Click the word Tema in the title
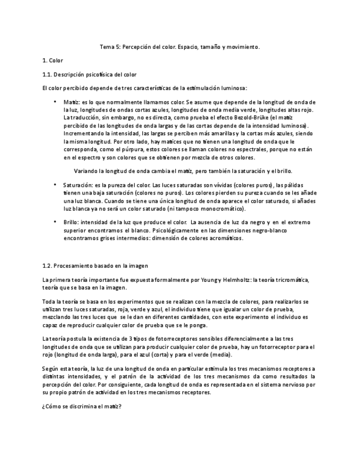107,47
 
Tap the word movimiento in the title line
242,47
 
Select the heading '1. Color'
53,60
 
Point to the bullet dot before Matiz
55,102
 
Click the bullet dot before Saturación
55,184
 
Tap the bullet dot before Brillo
55,221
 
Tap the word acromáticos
224,238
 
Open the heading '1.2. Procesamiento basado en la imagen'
95,265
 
